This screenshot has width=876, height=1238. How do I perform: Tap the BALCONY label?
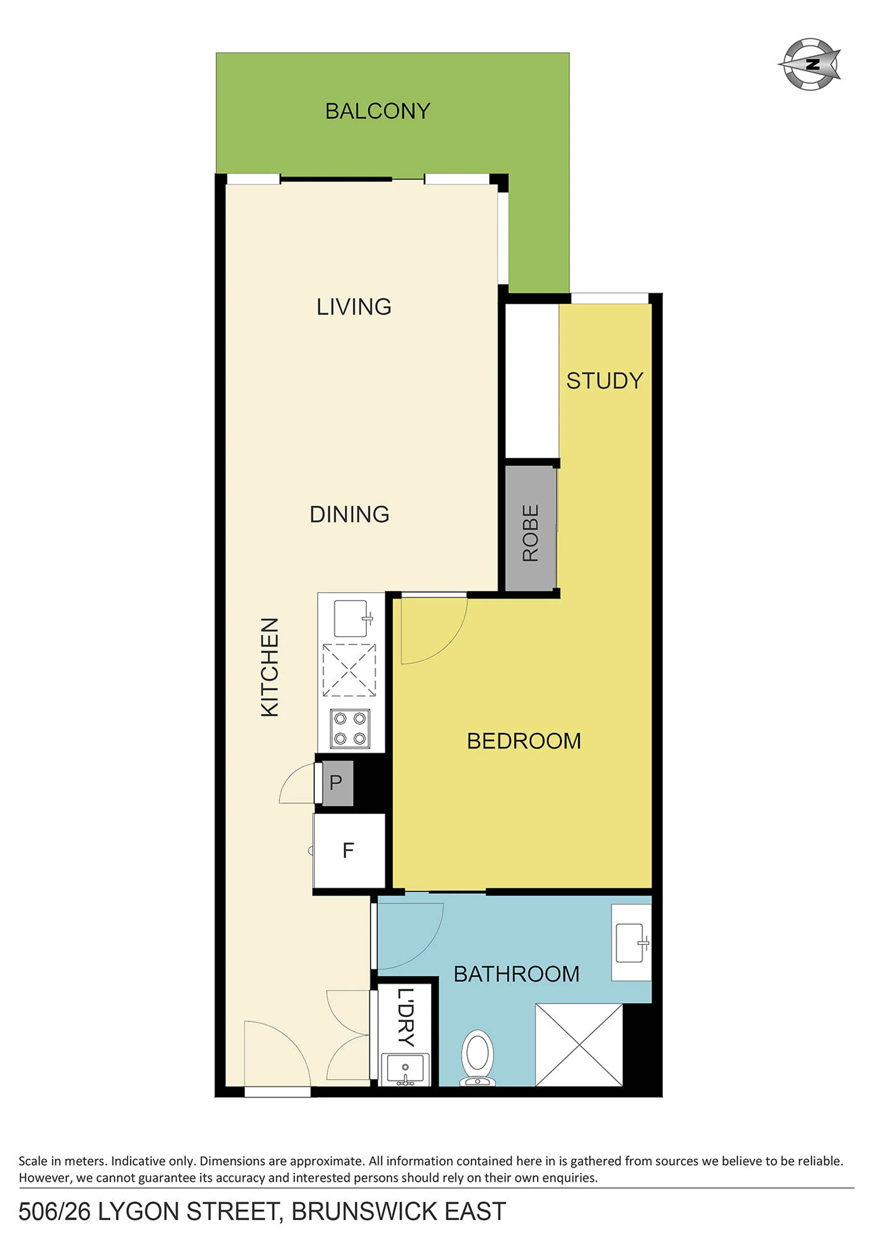click(x=378, y=112)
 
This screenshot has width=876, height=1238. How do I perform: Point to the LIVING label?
click(x=354, y=307)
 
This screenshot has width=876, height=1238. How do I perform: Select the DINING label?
click(x=349, y=514)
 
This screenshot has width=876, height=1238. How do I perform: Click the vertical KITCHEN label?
click(x=270, y=667)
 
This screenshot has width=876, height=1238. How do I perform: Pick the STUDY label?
click(x=605, y=381)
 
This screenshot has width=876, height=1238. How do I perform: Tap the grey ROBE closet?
click(x=531, y=528)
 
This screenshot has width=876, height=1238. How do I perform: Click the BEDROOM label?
click(x=524, y=741)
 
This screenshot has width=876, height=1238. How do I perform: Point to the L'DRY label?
click(x=405, y=1017)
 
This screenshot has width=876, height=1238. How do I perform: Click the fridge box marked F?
click(x=349, y=850)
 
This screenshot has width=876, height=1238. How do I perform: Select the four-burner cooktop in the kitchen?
click(x=350, y=729)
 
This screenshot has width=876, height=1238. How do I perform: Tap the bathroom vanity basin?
click(x=631, y=943)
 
